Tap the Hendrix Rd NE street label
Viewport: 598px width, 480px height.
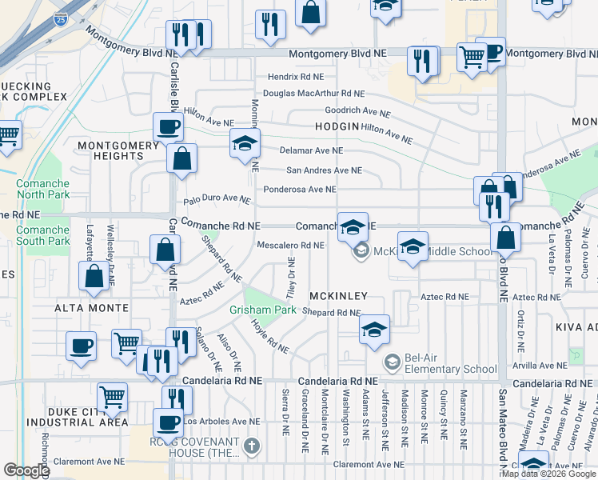tap(296, 78)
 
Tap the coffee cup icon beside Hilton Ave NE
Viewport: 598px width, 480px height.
tap(169, 126)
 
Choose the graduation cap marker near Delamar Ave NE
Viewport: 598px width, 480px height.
tap(245, 144)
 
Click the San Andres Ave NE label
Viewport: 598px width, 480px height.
tap(324, 170)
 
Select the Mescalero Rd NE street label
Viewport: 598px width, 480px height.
tap(290, 246)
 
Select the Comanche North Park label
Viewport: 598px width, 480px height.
tap(42, 189)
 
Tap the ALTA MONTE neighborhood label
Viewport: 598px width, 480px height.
tap(91, 308)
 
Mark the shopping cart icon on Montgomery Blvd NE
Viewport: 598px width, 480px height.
tap(472, 57)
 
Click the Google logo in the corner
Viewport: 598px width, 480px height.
tap(26, 470)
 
